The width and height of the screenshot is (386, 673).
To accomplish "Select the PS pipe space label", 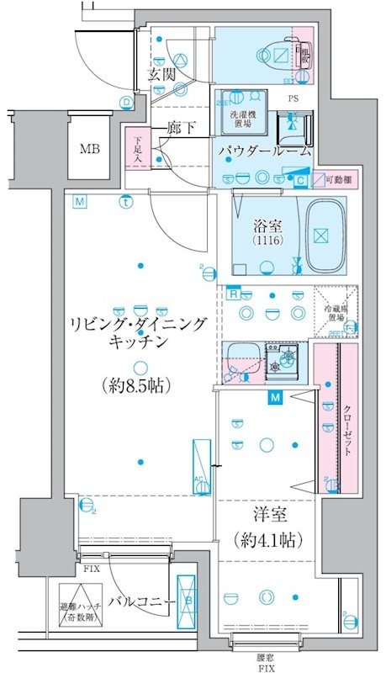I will pos(293,98).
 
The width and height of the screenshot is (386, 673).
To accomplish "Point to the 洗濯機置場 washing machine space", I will pos(234,117).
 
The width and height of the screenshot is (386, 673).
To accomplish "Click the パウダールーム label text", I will pos(265,152).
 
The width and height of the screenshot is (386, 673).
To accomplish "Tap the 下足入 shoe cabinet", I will pos(135,147).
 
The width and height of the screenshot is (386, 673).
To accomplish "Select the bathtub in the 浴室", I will pos(320,235).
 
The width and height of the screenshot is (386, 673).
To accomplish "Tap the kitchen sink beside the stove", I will pos(244,360).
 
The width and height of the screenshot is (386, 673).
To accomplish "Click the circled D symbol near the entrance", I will pos(126,103).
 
